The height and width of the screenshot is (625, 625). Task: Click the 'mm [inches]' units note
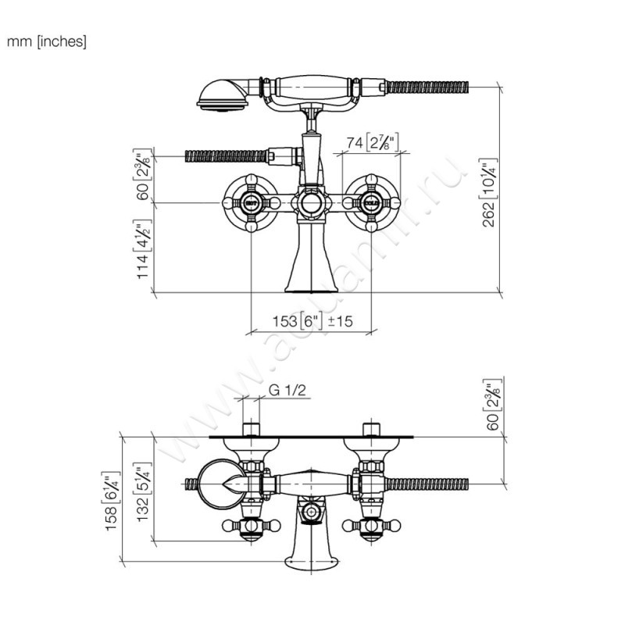(x=46, y=41)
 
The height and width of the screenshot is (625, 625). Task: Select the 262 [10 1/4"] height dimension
(x=490, y=192)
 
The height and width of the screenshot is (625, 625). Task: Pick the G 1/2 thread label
(x=286, y=390)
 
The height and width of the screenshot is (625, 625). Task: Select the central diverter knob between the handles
(x=310, y=205)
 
